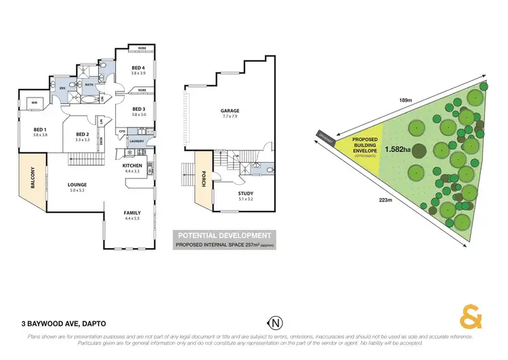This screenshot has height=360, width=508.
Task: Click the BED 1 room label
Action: (x=40, y=129)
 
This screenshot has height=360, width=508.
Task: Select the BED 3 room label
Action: (x=139, y=109)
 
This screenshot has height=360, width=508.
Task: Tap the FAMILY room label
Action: (x=132, y=213)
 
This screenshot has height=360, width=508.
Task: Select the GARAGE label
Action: (x=230, y=111)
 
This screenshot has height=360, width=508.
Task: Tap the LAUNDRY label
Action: (x=136, y=141)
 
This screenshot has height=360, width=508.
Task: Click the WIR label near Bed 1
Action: (x=34, y=103)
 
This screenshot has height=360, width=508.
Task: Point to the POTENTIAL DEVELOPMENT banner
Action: (x=224, y=235)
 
